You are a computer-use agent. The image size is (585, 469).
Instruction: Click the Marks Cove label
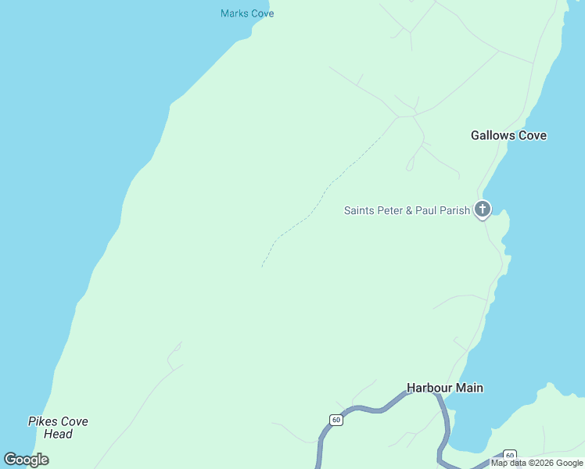tap(247, 13)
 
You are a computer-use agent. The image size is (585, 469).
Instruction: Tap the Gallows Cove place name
tap(508, 135)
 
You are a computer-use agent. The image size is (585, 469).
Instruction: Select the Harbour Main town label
tap(444, 388)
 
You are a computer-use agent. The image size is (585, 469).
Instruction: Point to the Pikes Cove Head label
tap(58, 428)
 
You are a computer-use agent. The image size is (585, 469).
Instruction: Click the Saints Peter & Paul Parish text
tap(407, 210)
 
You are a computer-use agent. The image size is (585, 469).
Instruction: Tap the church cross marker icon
tap(483, 209)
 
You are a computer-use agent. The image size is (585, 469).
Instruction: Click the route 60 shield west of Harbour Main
tap(336, 420)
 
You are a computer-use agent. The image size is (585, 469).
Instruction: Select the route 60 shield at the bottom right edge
tap(509, 455)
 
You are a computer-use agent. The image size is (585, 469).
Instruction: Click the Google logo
tap(27, 460)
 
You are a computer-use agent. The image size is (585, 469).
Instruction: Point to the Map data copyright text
tap(537, 463)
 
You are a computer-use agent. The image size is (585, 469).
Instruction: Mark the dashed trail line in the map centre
tap(321, 199)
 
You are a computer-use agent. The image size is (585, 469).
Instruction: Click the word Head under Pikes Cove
tap(58, 435)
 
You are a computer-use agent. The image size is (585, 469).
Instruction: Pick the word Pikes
tap(41, 421)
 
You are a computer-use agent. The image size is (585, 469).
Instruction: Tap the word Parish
tap(454, 210)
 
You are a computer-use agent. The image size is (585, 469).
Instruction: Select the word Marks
tap(234, 13)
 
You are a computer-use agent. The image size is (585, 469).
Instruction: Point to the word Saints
tap(359, 210)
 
